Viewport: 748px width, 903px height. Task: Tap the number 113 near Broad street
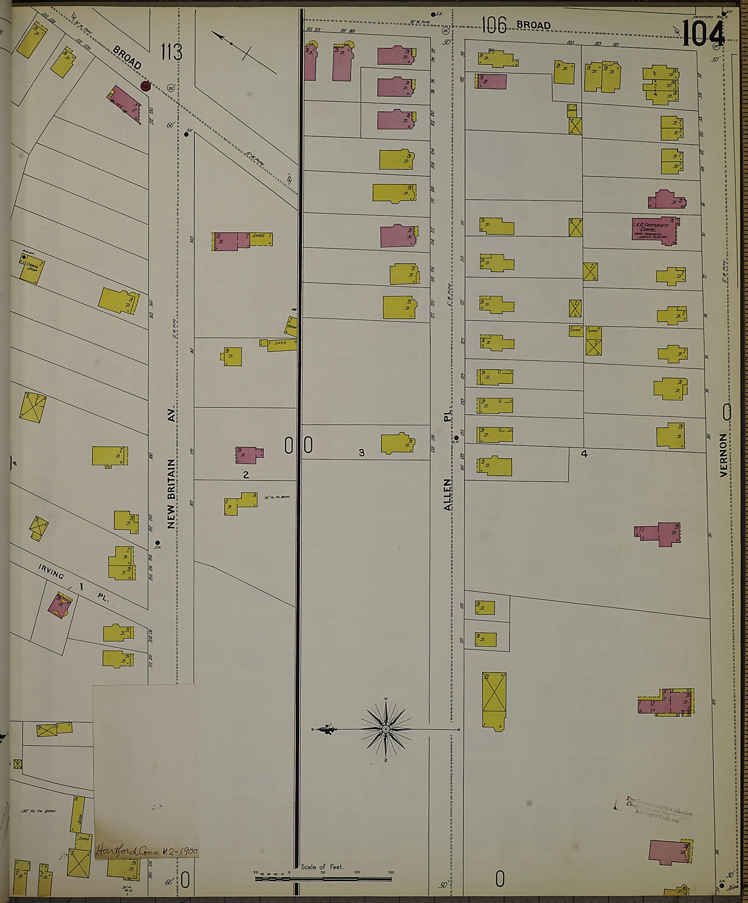[171, 52]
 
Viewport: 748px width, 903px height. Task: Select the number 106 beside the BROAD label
[494, 25]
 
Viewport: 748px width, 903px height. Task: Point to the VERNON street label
[724, 455]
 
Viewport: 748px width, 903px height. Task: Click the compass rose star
[385, 729]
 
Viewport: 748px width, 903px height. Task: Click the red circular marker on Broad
[146, 86]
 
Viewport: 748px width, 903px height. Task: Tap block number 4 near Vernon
[584, 454]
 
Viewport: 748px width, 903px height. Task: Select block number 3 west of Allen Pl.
[362, 453]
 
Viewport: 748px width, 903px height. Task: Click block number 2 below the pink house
[246, 475]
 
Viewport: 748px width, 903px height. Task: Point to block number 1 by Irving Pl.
[81, 586]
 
